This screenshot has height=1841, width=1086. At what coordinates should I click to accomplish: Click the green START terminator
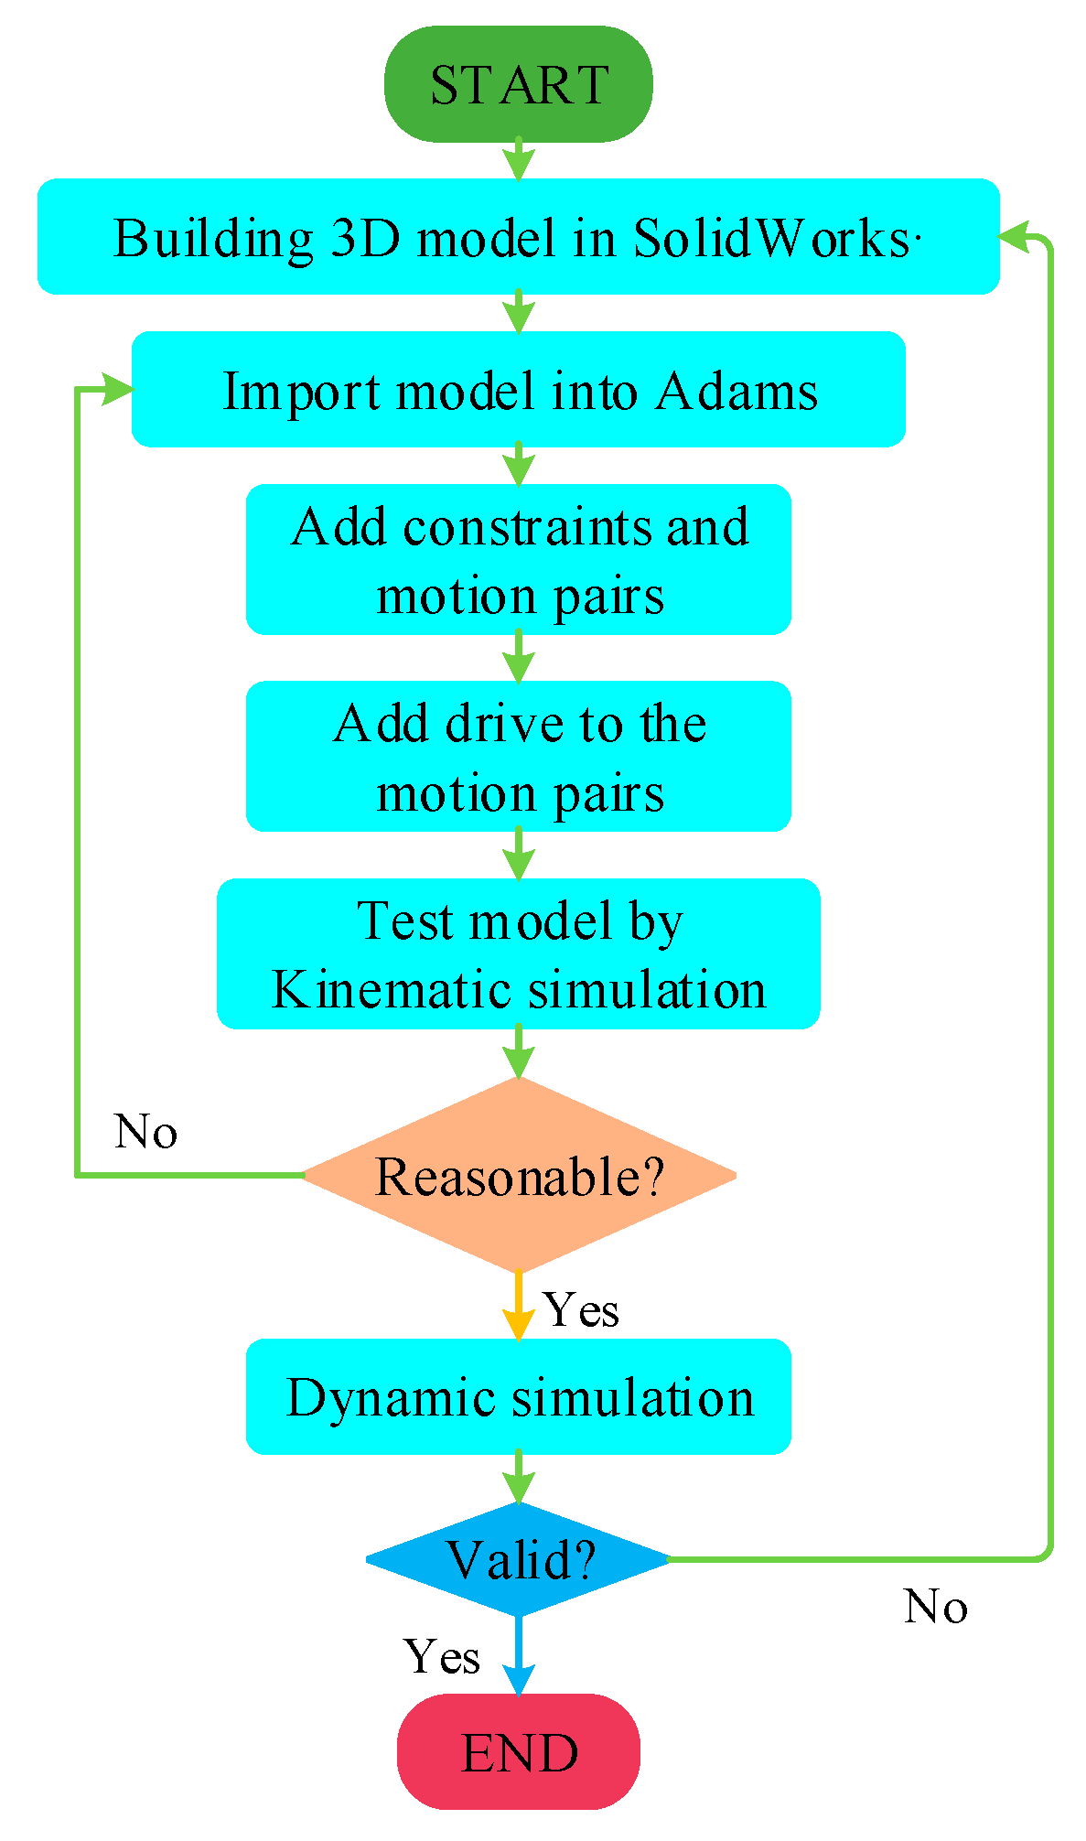pos(518,84)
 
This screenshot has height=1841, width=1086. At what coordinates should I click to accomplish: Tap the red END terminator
pos(518,1751)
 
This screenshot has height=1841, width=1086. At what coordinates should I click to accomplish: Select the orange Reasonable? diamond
pos(518,1176)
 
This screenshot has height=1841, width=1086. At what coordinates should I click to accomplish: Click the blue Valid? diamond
pos(518,1559)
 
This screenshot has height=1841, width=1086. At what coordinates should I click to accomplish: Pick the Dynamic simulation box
pos(518,1396)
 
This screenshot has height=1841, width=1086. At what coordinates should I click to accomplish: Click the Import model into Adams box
pos(518,390)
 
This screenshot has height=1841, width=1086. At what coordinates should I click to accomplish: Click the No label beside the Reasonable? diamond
pos(145,1132)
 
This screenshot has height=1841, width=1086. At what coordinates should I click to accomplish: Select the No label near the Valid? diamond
pos(935,1607)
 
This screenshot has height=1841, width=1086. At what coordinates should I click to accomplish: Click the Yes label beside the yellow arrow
pos(581,1310)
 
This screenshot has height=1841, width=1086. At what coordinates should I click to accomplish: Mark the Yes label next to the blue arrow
pos(442,1657)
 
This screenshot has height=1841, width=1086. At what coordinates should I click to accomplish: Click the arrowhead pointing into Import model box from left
pos(117,389)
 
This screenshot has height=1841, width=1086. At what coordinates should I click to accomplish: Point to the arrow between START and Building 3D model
pos(518,162)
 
